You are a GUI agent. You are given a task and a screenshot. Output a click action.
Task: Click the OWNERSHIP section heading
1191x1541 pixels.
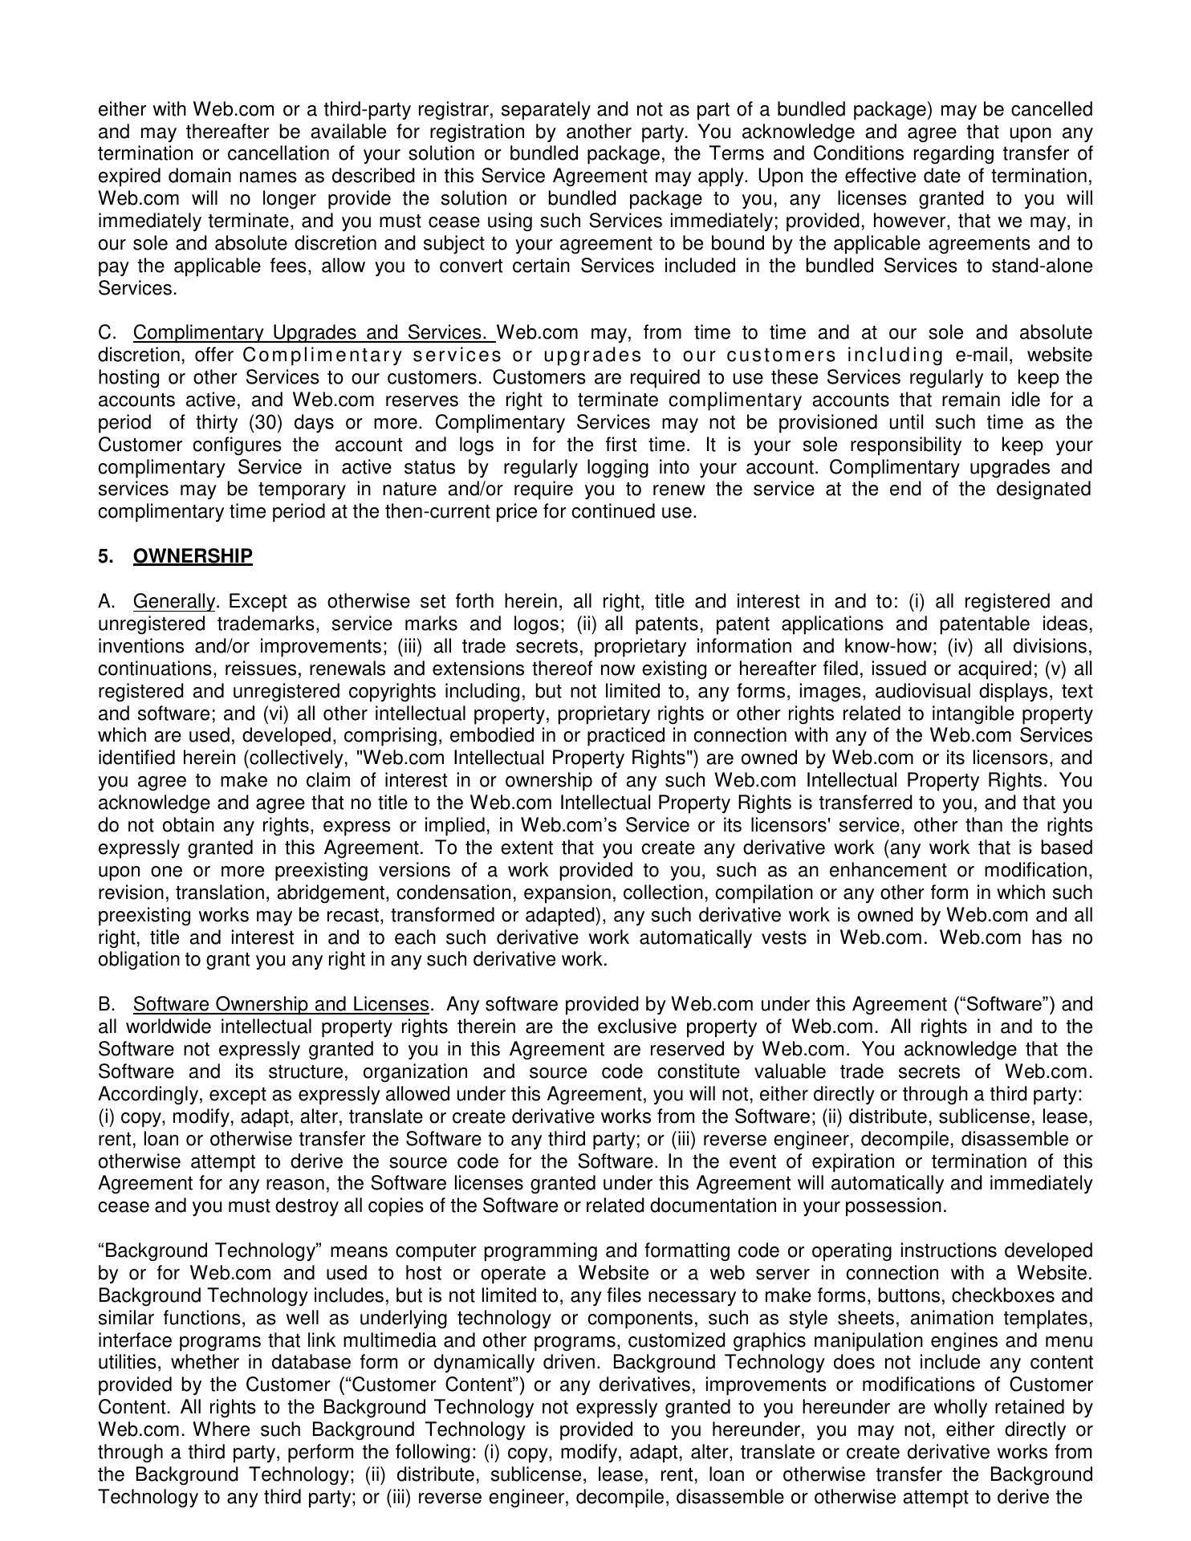[193, 556]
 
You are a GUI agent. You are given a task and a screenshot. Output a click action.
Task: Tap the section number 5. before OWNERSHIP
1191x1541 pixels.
[105, 556]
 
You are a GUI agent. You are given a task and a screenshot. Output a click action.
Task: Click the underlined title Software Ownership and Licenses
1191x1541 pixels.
[281, 1004]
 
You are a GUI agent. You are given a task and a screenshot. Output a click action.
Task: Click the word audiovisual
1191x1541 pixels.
[921, 691]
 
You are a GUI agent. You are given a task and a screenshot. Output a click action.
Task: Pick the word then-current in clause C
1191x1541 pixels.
[434, 511]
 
